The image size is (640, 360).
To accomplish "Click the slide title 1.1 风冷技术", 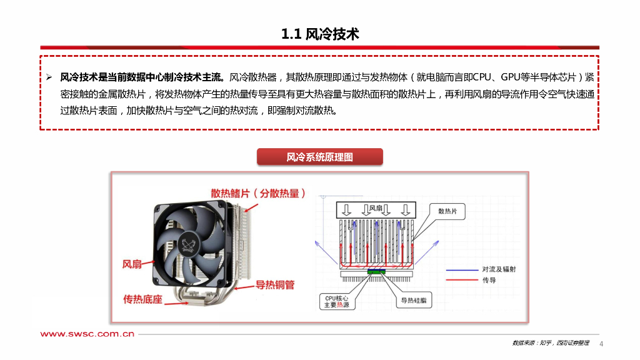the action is click(x=320, y=34).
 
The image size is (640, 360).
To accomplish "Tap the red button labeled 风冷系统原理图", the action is click(x=319, y=157).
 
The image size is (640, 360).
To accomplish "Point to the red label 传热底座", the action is click(x=143, y=299).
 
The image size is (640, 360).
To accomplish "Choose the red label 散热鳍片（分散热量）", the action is click(x=258, y=193).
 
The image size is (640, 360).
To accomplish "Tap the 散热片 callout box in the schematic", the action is click(x=451, y=212).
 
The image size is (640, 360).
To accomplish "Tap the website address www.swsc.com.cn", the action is click(x=88, y=334).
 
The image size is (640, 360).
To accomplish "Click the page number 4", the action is click(x=601, y=344).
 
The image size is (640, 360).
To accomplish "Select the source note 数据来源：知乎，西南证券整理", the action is click(x=551, y=343).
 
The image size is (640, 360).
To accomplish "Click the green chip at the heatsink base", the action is click(x=376, y=272).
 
